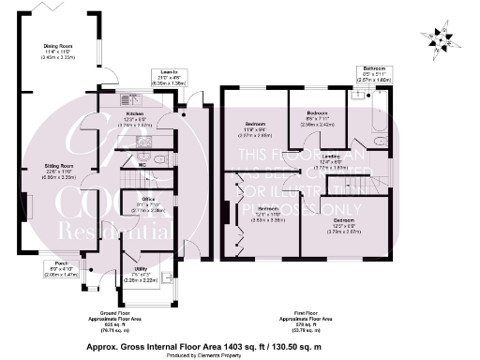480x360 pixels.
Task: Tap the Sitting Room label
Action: pos(58,165)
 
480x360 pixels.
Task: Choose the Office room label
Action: pos(147,199)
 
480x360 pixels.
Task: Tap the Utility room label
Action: pos(140,268)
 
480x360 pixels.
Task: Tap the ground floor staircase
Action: pos(132,183)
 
